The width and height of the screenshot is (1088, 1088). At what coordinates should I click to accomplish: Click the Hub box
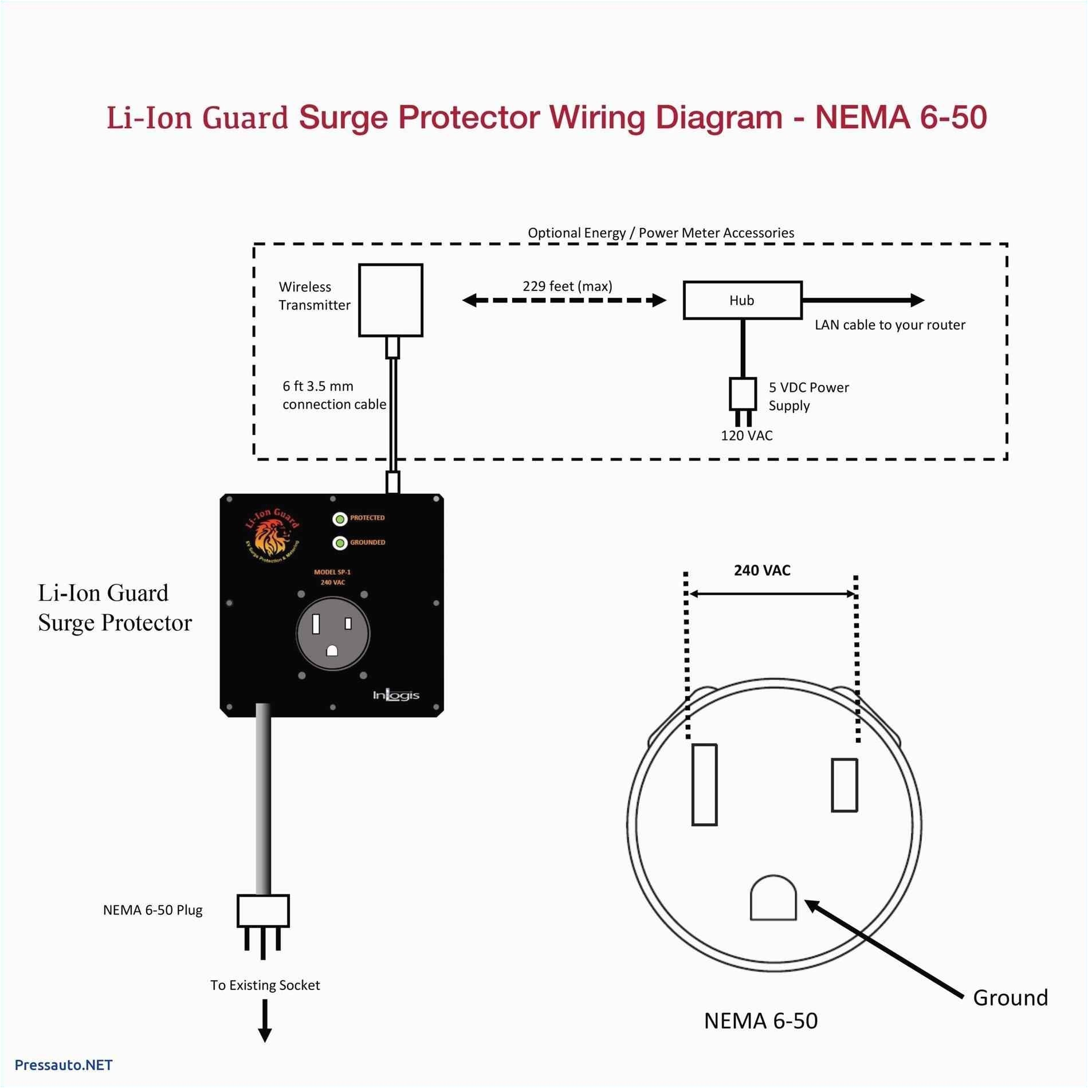[x=742, y=300]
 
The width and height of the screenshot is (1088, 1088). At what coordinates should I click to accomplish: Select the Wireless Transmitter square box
[x=390, y=300]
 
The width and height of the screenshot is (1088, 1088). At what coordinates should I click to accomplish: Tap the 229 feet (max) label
[x=567, y=286]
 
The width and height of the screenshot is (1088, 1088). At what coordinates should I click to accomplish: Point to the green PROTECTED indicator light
[x=340, y=519]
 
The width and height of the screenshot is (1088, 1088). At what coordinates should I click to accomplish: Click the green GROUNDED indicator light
[x=340, y=543]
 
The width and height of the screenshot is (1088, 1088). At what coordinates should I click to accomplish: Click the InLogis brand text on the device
[x=396, y=695]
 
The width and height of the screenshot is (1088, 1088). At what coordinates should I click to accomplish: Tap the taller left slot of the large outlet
[x=704, y=784]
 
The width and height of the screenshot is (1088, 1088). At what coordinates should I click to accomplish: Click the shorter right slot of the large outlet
[x=844, y=785]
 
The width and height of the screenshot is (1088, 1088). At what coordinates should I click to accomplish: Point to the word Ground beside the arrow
[x=1010, y=997]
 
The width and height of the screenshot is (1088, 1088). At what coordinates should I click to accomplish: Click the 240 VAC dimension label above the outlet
[x=762, y=570]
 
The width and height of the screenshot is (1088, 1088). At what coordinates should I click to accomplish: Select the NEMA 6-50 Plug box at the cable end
[x=263, y=910]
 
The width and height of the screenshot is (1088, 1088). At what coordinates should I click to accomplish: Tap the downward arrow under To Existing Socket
[x=264, y=1023]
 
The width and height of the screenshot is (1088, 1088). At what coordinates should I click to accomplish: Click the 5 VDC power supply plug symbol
[x=743, y=394]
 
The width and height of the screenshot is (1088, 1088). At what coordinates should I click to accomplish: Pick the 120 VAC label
[x=746, y=435]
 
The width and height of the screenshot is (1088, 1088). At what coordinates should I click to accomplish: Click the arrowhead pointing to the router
[x=916, y=300]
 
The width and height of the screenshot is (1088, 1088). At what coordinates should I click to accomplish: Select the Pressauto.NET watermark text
[x=64, y=1065]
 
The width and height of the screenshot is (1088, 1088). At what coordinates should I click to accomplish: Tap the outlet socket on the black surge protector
[x=333, y=634]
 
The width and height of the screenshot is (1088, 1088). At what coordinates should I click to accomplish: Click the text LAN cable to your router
[x=889, y=325]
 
